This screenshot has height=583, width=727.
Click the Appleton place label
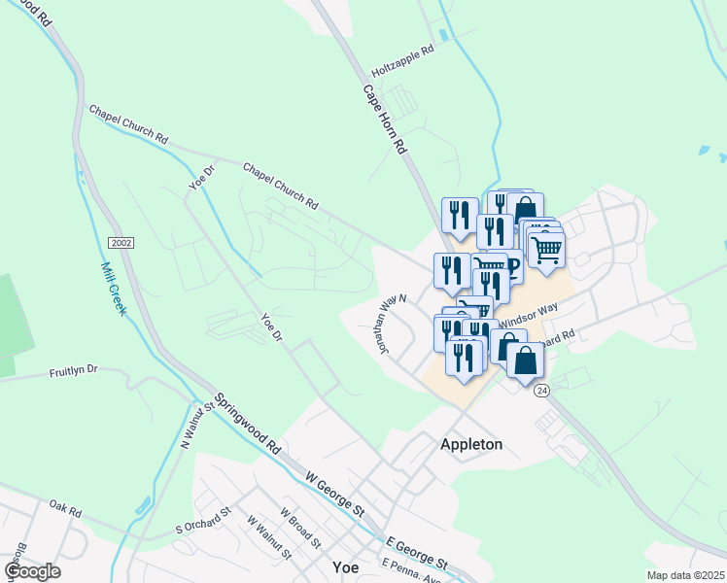(471, 444)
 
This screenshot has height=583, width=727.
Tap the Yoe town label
(345, 567)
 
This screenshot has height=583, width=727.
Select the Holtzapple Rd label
(402, 61)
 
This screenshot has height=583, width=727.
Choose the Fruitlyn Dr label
(74, 371)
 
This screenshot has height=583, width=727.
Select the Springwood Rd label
(248, 425)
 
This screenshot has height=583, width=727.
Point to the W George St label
(334, 495)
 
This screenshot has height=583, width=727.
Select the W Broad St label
(299, 525)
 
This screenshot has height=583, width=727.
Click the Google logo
(32, 571)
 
